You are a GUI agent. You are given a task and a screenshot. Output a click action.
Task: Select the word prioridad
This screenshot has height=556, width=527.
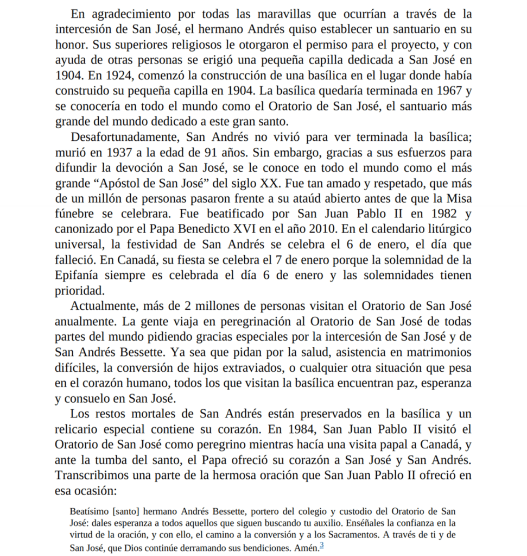(79, 290)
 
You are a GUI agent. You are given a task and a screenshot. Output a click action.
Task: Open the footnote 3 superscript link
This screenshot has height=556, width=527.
(322, 546)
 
